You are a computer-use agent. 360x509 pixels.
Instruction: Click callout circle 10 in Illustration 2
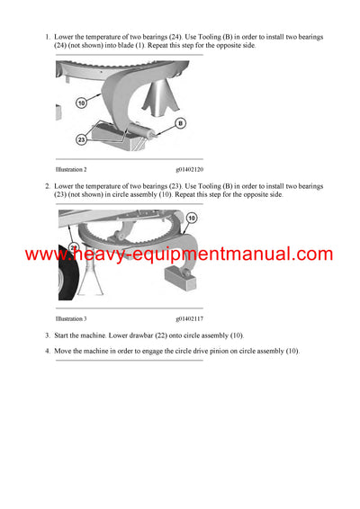click(x=79, y=104)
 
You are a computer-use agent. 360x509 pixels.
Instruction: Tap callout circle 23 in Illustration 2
click(x=81, y=138)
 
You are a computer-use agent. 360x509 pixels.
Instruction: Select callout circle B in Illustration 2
click(x=180, y=122)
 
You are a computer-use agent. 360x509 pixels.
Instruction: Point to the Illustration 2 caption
click(x=71, y=169)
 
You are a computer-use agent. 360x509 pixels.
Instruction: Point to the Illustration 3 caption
click(x=71, y=318)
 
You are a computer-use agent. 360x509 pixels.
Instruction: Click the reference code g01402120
click(x=189, y=169)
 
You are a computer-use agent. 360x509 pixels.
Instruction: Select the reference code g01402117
click(x=189, y=318)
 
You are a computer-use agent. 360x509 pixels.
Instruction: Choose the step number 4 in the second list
click(x=48, y=351)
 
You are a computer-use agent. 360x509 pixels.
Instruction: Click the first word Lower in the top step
click(x=65, y=37)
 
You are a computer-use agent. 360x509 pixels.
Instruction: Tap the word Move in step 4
click(x=65, y=351)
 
